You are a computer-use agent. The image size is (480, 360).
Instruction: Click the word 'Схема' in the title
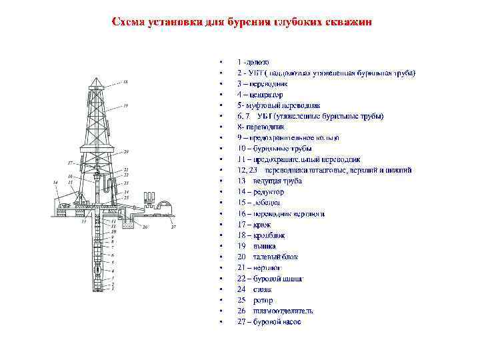127,22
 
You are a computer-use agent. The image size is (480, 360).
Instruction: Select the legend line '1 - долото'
253,61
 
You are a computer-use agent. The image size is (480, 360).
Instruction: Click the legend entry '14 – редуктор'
260,191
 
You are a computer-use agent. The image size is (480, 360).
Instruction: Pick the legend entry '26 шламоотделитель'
275,311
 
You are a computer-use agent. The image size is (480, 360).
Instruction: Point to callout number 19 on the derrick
125,106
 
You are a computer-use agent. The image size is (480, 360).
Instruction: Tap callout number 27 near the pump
173,227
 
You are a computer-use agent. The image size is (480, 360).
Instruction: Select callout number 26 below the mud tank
145,227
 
